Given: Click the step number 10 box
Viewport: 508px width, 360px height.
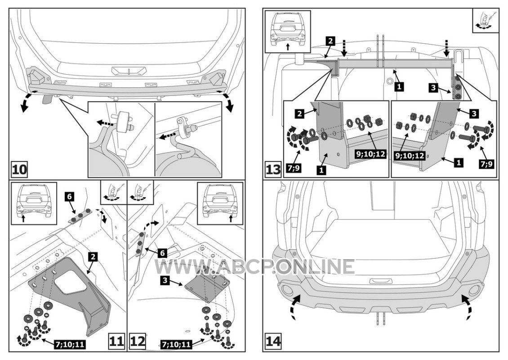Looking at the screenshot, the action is coord(19,169).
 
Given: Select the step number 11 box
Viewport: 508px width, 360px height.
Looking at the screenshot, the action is coord(116,341).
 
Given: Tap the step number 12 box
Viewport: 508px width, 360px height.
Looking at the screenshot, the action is coord(138,341).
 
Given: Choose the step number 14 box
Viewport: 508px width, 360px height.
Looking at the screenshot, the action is coord(273,341).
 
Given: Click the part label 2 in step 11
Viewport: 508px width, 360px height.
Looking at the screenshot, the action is coord(93,257).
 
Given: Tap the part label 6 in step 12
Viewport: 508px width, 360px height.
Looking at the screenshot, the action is coord(163,253).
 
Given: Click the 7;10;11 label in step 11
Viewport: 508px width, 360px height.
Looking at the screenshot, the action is coord(70,344).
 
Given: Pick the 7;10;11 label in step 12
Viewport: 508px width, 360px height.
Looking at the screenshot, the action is coord(176,344).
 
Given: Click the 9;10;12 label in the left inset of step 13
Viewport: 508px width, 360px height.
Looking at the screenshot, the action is coord(371,153).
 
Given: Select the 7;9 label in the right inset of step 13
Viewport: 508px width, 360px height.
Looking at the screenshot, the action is coord(486,164).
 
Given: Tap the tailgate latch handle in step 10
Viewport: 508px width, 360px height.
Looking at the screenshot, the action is coord(129,70).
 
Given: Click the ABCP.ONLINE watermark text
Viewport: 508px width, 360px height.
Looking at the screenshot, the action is coord(254,266).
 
